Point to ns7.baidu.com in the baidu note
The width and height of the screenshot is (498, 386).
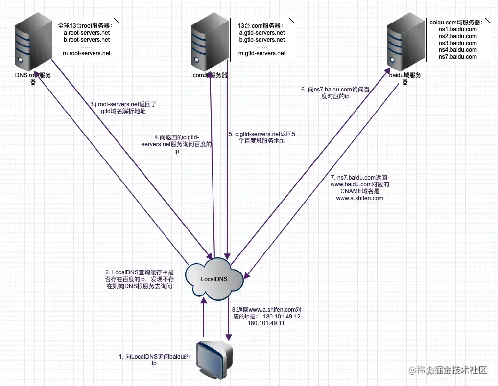tap(457, 57)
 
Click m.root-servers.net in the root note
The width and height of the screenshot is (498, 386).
tap(87, 53)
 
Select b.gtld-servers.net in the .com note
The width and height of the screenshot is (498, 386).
tap(261, 39)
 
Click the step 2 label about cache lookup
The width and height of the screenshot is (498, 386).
tap(140, 279)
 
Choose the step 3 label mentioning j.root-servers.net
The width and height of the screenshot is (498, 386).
tap(123, 108)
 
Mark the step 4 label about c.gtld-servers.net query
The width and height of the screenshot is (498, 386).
tap(177, 144)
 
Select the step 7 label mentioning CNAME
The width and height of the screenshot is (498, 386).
tap(359, 188)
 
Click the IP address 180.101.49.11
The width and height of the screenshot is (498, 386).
tap(266, 323)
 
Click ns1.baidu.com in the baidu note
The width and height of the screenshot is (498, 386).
tap(457, 29)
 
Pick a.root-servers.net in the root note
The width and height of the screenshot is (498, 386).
tap(87, 32)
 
